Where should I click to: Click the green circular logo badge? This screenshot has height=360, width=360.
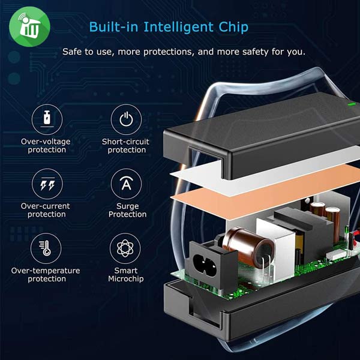tap(29, 26)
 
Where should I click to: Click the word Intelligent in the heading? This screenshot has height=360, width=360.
tap(178, 28)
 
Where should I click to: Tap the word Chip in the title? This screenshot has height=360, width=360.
tap(233, 27)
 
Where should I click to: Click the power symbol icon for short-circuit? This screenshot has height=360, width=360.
tap(126, 119)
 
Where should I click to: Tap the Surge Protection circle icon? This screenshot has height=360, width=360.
tap(126, 184)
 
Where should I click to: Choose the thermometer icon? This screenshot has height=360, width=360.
tap(46, 248)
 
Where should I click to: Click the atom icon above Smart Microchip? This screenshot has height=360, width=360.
tap(125, 248)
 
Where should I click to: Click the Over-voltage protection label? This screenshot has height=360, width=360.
tap(46, 146)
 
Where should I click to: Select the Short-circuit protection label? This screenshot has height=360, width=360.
tap(125, 146)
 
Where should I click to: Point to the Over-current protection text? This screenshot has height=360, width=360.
tap(46, 210)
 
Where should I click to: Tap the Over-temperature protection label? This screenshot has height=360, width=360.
tap(46, 275)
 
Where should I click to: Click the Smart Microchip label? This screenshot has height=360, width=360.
tap(126, 275)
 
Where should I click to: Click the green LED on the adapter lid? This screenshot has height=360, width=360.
tap(351, 104)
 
